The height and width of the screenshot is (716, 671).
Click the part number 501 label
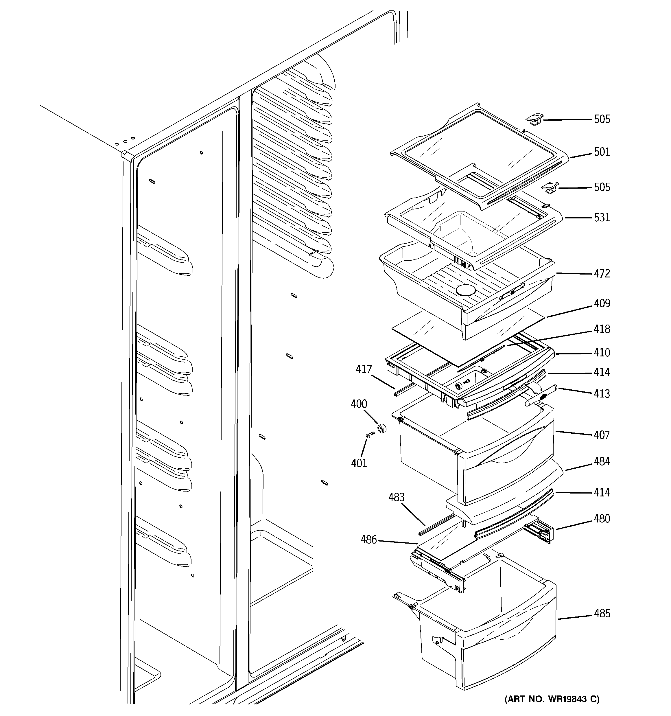(602, 152)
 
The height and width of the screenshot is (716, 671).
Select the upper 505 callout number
(602, 119)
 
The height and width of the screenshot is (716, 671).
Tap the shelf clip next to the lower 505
(550, 188)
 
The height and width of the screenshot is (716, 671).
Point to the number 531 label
(602, 218)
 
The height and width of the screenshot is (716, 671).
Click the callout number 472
(602, 274)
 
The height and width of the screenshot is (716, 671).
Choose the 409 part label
(602, 304)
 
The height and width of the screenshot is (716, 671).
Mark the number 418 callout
(602, 329)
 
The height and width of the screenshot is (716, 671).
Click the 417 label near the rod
(364, 369)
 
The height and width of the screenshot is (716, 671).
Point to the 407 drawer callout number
(602, 435)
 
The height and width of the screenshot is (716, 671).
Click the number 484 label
(602, 461)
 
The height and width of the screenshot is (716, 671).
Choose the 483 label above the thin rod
(396, 497)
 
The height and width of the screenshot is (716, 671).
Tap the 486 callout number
(368, 540)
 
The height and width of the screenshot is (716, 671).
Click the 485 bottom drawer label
(602, 613)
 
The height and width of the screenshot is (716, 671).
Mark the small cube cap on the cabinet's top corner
(126, 154)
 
